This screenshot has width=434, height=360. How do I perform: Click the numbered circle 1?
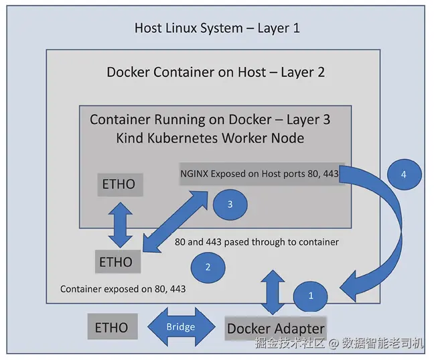310,295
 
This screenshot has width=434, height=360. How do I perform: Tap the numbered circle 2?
208,267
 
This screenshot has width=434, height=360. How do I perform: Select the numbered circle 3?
230,204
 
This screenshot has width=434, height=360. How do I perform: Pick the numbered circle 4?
403,174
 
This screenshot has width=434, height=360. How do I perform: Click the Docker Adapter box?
275,328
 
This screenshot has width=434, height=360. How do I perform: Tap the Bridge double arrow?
180,326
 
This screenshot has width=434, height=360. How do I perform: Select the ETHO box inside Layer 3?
119,184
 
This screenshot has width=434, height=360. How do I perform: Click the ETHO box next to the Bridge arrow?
111,327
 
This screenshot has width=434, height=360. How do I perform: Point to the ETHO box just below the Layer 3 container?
116,261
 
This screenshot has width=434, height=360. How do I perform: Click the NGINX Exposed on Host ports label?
259,174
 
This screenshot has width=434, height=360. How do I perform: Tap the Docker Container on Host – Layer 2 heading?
215,72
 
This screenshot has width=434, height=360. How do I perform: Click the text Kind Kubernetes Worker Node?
210,138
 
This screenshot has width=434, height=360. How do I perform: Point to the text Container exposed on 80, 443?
123,289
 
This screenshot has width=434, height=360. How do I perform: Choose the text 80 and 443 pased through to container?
257,241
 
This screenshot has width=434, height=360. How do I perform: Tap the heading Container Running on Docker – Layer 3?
210,120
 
